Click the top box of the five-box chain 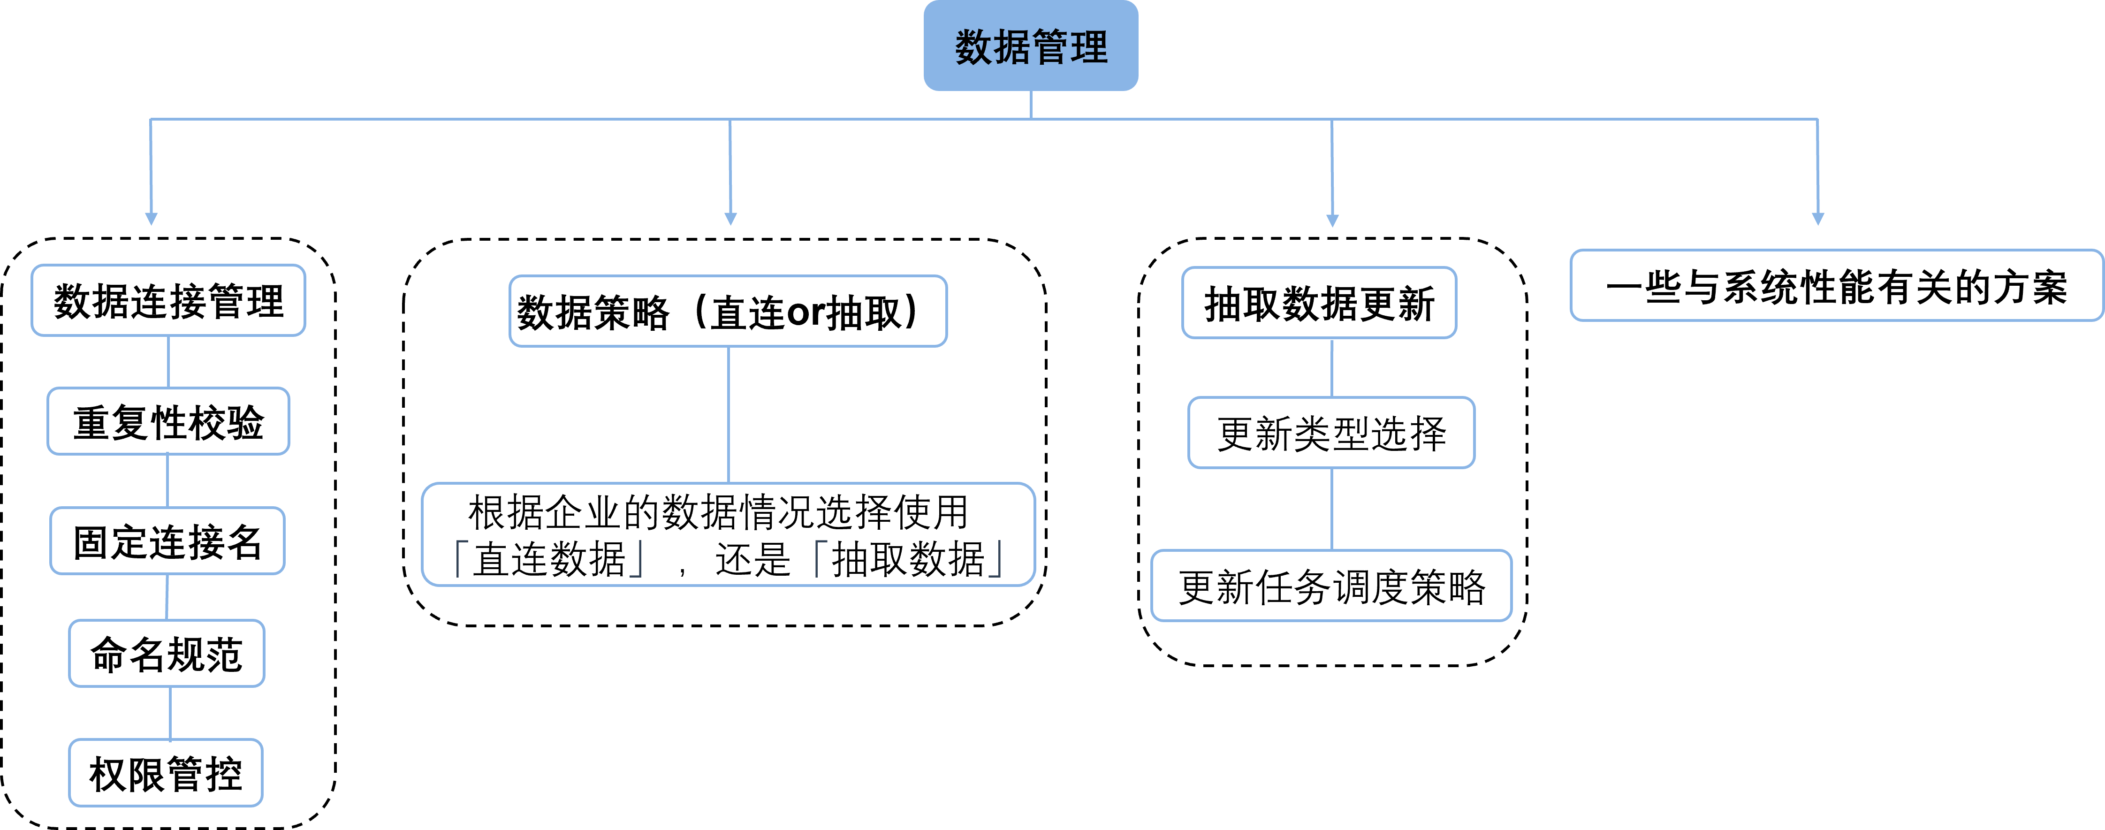click(168, 300)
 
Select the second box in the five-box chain click(168, 421)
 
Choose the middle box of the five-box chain click(167, 541)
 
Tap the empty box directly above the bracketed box click(728, 311)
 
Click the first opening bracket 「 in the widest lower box click(461, 558)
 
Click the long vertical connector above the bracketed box click(728, 415)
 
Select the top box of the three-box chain click(1319, 302)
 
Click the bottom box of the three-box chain click(1331, 586)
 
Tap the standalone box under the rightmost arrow click(1836, 285)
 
